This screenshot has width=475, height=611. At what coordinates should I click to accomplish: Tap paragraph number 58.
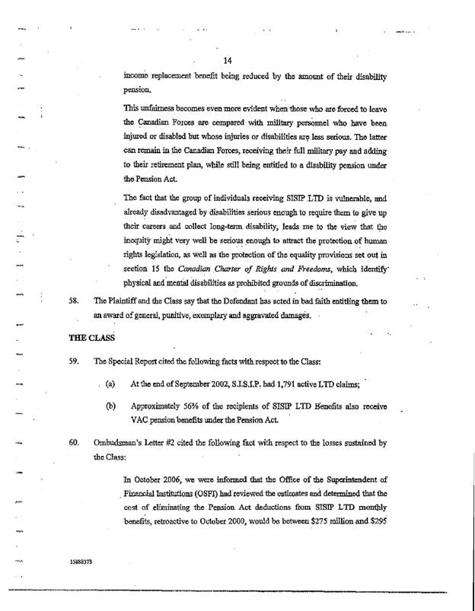click(x=75, y=301)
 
